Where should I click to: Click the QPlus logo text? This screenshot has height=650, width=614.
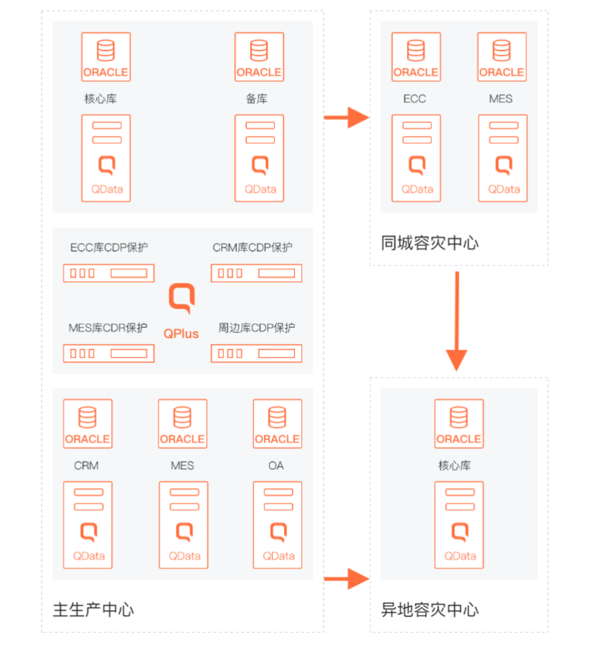[x=181, y=334]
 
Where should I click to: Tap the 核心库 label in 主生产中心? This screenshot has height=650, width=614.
[x=100, y=99]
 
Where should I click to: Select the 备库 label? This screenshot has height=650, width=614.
[x=257, y=99]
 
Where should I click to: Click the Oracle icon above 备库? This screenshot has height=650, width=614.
[x=259, y=57]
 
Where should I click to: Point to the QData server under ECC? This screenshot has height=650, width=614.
[x=416, y=158]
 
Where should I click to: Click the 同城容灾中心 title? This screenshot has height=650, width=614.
[x=430, y=243]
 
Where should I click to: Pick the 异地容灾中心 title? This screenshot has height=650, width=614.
[x=430, y=610]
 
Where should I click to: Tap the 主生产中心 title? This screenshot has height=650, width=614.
[x=93, y=610]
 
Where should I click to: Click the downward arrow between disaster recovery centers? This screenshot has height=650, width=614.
[x=457, y=320]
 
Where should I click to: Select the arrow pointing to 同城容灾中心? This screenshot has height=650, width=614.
[x=346, y=118]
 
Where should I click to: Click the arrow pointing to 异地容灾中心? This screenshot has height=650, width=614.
[x=346, y=578]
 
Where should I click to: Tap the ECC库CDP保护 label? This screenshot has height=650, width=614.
[x=109, y=248]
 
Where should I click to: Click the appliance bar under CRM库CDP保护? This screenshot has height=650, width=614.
[x=256, y=273]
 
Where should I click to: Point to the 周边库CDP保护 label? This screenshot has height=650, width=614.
[x=256, y=328]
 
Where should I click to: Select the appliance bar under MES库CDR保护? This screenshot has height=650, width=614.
[x=109, y=353]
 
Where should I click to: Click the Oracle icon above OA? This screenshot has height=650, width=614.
[x=277, y=424]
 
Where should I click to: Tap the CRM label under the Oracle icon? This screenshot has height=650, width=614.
[x=86, y=466]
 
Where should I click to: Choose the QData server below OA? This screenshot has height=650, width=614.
[x=278, y=524]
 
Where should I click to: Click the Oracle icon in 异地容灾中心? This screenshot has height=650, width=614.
[x=459, y=424]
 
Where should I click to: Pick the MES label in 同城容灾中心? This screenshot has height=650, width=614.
[x=501, y=99]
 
